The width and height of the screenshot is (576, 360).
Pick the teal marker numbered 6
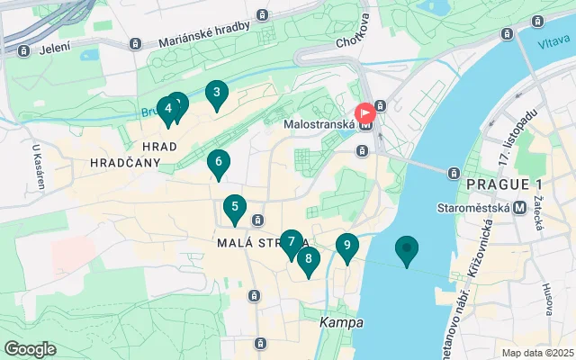(217, 163)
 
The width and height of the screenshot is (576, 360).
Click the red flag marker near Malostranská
(365, 113)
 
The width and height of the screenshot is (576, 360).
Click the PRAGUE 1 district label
(498, 184)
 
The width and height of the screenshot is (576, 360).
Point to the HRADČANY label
(125, 163)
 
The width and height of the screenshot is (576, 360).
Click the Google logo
(30, 349)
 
